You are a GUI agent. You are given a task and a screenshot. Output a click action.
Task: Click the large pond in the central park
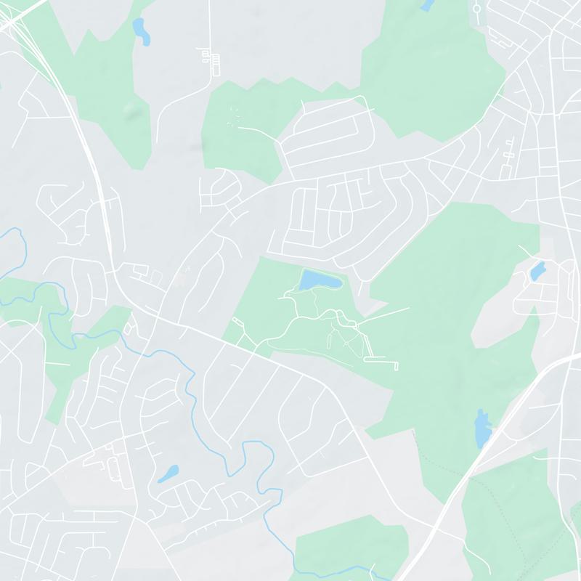click(318, 280)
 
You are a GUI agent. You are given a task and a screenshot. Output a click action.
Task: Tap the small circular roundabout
click(477, 10)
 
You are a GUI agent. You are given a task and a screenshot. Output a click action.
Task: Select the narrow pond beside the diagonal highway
click(482, 428)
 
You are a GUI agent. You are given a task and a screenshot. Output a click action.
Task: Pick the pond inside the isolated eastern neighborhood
click(537, 271)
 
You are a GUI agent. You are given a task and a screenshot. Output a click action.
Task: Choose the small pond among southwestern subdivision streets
click(168, 474)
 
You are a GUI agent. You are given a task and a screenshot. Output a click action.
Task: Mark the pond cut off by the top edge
click(427, 4)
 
